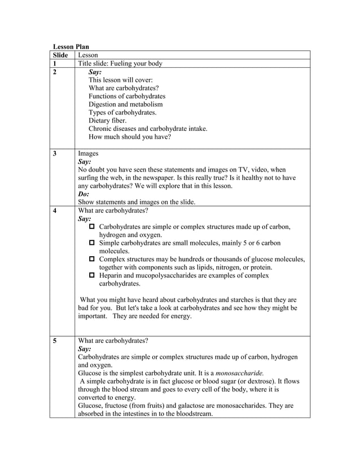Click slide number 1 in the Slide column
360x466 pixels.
pyautogui.click(x=55, y=64)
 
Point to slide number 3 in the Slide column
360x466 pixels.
pyautogui.click(x=55, y=153)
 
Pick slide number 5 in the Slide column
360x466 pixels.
pyautogui.click(x=55, y=341)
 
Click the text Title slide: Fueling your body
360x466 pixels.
pyautogui.click(x=120, y=64)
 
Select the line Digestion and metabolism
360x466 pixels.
pyautogui.click(x=125, y=104)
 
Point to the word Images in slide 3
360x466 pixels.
pyautogui.click(x=88, y=153)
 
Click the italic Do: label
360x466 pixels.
pyautogui.click(x=84, y=194)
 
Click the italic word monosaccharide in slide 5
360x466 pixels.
pyautogui.click(x=231, y=373)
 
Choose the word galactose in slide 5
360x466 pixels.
pyautogui.click(x=179, y=406)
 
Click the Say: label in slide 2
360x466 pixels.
pyautogui.click(x=95, y=72)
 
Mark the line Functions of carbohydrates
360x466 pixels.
pyautogui.click(x=126, y=96)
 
